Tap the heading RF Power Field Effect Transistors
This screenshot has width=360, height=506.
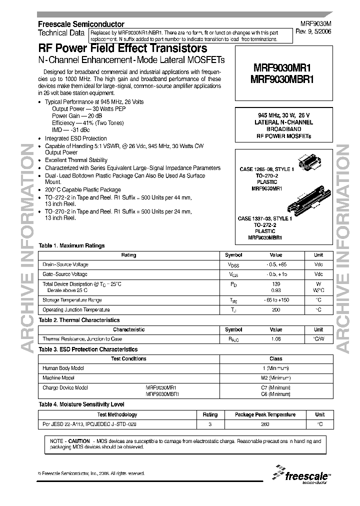pyautogui.click(x=122, y=48)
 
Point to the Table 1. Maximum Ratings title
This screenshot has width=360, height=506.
pyautogui.click(x=71, y=245)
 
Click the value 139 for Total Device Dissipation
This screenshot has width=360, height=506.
pyautogui.click(x=276, y=284)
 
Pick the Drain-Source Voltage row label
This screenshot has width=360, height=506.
pyautogui.click(x=65, y=264)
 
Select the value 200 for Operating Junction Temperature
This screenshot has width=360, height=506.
pyautogui.click(x=276, y=310)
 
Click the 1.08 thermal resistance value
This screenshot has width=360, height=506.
pyautogui.click(x=276, y=339)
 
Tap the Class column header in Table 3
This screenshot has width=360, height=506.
pyautogui.click(x=276, y=358)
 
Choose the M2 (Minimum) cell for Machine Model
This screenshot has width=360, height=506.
pyautogui.click(x=276, y=378)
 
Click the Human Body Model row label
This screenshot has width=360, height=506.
pyautogui.click(x=63, y=368)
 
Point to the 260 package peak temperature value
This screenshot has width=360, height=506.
pyautogui.click(x=265, y=424)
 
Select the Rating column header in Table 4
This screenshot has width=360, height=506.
pyautogui.click(x=210, y=414)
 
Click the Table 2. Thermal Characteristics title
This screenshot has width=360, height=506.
pyautogui.click(x=79, y=320)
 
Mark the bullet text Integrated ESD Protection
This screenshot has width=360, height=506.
pyautogui.click(x=75, y=138)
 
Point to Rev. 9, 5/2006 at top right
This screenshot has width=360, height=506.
pyautogui.click(x=316, y=30)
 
